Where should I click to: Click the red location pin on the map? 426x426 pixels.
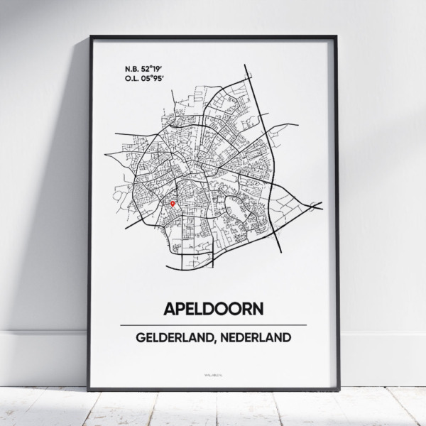point(173,204)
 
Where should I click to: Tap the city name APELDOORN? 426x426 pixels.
point(213,309)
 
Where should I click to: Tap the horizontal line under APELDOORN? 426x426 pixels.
point(213,324)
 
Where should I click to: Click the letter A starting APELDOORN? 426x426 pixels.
point(170,309)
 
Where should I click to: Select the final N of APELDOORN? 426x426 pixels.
point(256,309)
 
